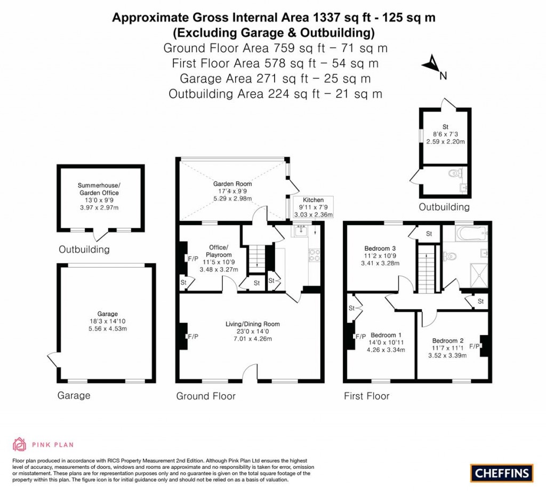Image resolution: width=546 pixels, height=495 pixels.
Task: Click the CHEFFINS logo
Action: coord(502,473)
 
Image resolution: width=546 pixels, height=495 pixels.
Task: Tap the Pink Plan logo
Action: coord(43,444)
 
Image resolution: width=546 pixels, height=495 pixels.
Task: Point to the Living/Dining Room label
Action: coord(252,324)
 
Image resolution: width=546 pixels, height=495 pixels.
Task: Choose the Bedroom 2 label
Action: coord(447,341)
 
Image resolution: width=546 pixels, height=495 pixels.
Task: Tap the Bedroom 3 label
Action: coord(380,248)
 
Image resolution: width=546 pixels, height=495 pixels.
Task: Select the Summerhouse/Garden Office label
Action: coord(98,189)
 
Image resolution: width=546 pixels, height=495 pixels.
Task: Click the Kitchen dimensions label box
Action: coord(313,207)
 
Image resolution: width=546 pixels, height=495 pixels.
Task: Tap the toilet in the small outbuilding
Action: coord(455,173)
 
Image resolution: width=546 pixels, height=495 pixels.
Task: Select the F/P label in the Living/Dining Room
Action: coord(192,337)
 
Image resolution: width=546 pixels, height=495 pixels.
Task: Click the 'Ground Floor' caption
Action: coord(206,396)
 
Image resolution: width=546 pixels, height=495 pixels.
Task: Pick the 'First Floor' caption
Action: coord(366,396)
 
